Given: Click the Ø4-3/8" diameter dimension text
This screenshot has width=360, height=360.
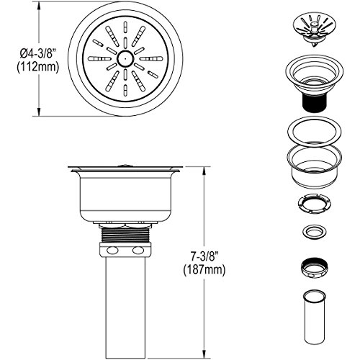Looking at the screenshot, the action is pos(37,54).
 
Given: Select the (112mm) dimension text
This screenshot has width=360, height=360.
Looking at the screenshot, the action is pos(37,67).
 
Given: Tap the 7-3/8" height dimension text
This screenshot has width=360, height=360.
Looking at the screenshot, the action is pos(204,257).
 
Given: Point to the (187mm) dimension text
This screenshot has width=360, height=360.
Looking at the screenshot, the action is pos(204,270).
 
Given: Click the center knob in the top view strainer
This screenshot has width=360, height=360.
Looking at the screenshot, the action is pos(125,59).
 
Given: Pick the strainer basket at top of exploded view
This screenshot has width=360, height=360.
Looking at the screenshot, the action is pos(314,30).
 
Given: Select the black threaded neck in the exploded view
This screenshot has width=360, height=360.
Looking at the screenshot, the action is pos(314,102).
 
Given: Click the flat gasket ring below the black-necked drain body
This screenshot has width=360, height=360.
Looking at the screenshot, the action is pos(315,132).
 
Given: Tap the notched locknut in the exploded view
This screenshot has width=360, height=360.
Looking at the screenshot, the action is pos(314,203).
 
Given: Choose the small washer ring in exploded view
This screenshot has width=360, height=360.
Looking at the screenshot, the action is pos(314,232).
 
